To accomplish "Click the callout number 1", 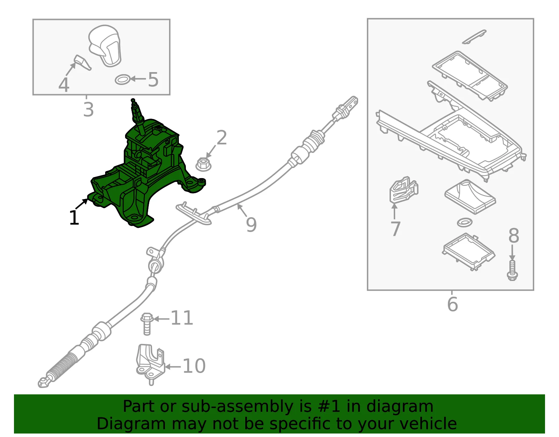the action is coord(74,218).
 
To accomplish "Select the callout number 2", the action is coord(222,138).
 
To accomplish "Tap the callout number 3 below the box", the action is coord(88,110).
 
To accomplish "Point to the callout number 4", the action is coord(64,85).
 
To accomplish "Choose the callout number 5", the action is coord(153,79).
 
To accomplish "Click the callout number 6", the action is coord(452,304).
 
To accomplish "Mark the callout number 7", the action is coord(395,229).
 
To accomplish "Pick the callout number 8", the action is coord(514,235).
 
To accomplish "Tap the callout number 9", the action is coord(251,225).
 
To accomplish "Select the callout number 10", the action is coord(194,366).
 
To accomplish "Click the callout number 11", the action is coord(182,318).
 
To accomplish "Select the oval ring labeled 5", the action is coord(122,80).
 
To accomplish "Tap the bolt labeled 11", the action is coord(147,324).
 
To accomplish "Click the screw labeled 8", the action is coord(512,270).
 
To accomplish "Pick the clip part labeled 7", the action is coord(404,190).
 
